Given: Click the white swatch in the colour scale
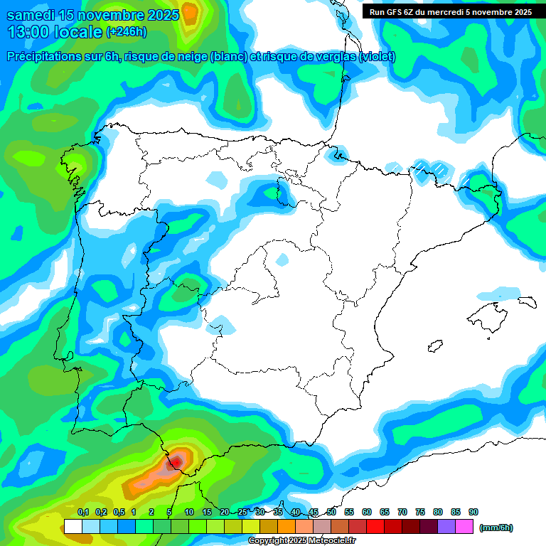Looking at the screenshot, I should pos(73,526).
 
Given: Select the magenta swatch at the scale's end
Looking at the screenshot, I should pos(464,526).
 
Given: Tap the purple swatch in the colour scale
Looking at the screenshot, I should pos(446,526).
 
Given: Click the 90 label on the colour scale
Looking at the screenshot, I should pos(473,512).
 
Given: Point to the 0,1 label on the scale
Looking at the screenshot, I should pos(83,512).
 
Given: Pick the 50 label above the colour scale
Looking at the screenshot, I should pos(331,512).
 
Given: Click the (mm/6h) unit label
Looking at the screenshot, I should pos(496,528).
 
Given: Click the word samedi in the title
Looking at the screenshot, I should pos(31,15).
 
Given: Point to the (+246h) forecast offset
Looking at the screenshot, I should pos(127,32).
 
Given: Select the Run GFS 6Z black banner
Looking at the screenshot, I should pos(451,11).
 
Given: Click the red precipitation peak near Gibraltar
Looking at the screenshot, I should pos(173,463).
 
